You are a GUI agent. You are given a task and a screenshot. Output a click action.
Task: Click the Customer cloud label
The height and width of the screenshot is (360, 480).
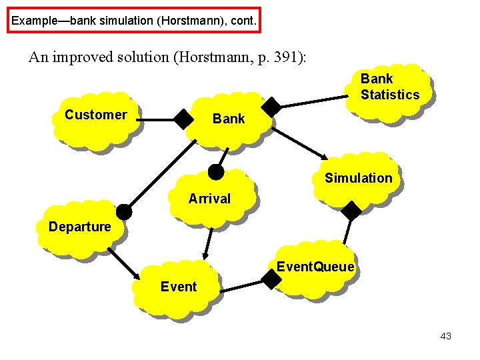[95, 115]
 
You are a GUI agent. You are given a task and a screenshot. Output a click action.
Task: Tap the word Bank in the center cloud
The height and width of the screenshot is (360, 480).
[229, 119]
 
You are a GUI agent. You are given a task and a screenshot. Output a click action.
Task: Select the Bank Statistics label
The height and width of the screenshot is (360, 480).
[390, 87]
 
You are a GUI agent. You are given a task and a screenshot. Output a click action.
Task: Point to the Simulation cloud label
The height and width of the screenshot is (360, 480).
[358, 178]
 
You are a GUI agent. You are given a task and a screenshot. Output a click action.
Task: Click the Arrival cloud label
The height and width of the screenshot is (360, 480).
[209, 199]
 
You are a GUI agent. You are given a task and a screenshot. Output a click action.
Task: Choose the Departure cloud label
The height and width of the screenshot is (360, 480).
[79, 227]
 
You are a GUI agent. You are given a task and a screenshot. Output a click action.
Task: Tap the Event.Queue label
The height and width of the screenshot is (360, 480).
[315, 267]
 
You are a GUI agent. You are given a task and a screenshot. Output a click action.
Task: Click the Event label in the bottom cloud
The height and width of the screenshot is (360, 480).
[179, 287]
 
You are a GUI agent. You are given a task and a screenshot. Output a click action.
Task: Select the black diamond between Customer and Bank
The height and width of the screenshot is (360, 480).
[183, 120]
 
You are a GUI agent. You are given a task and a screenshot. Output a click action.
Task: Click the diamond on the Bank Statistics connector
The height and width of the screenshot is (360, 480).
[271, 107]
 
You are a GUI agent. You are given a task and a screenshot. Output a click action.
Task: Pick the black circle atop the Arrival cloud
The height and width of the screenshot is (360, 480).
[216, 172]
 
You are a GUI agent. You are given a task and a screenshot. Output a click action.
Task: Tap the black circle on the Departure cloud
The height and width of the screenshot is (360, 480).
[124, 213]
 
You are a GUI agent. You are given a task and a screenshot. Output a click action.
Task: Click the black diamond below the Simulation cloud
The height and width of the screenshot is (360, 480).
[351, 211]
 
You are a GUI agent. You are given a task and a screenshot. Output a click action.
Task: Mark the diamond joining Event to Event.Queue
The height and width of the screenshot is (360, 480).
[271, 279]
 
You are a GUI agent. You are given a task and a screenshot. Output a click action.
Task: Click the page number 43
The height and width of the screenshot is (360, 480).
[446, 337]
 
